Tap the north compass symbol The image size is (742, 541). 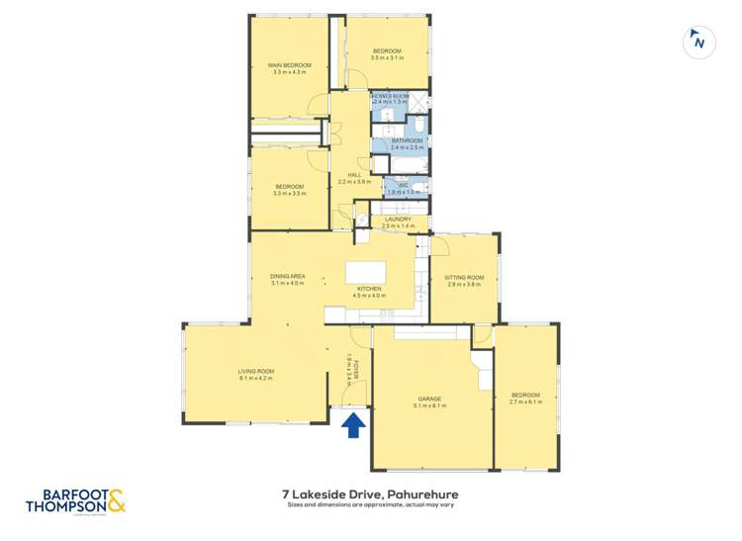[x=699, y=43]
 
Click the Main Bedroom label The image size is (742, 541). [x=288, y=65]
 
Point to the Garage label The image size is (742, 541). [x=429, y=398]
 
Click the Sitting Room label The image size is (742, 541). [x=464, y=278]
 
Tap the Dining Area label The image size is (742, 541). [x=288, y=276]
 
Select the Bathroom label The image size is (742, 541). [x=407, y=140]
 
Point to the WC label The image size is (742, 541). [x=403, y=185]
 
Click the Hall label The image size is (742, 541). [x=354, y=174]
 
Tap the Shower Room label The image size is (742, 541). [x=390, y=96]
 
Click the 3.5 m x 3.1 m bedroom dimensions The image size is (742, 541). [x=387, y=57]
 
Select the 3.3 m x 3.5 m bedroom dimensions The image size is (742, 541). [x=288, y=193]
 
